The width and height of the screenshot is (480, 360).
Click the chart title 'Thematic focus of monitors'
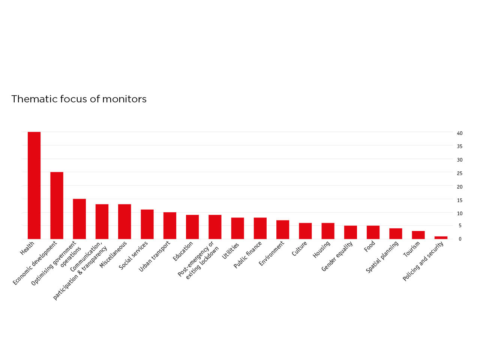click(79, 99)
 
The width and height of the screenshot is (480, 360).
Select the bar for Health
click(34, 185)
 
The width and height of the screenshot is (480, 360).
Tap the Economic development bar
click(57, 205)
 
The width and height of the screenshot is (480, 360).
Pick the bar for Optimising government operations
click(79, 219)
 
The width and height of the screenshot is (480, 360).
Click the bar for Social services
click(147, 224)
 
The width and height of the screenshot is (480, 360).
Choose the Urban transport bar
click(170, 226)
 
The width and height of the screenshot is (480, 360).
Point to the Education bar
click(192, 227)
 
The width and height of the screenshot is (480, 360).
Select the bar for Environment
click(283, 229)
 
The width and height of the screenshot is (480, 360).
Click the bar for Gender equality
click(351, 232)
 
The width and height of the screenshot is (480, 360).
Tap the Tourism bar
click(418, 235)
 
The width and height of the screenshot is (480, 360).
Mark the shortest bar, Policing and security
click(441, 237)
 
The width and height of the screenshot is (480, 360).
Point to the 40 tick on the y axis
click(459, 133)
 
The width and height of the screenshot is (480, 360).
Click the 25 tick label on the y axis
click(459, 173)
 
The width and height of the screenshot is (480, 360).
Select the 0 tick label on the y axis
click(460, 239)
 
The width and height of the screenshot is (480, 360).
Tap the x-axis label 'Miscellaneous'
click(113, 254)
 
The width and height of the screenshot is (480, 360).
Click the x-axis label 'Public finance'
click(247, 255)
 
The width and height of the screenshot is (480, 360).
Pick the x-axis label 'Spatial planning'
click(382, 257)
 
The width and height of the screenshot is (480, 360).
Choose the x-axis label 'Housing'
click(321, 249)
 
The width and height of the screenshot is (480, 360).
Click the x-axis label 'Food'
click(369, 246)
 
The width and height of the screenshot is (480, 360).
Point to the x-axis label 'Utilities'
click(230, 251)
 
